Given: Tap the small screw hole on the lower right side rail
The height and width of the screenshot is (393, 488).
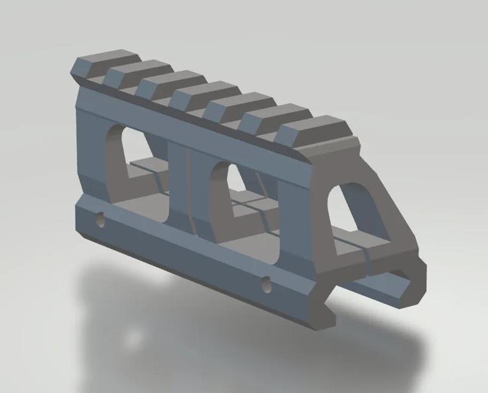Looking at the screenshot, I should pyautogui.click(x=266, y=283).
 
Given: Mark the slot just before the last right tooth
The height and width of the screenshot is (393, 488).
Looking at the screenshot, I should pyautogui.click(x=273, y=128).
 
